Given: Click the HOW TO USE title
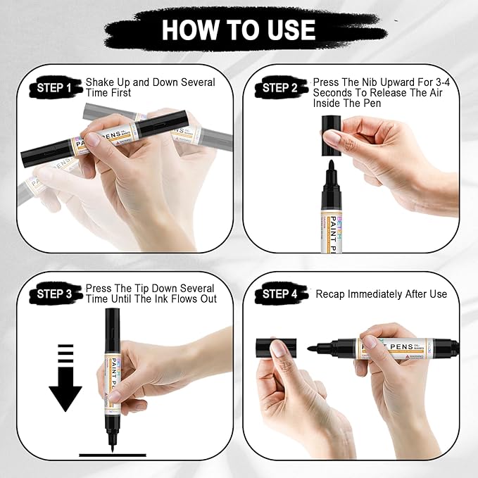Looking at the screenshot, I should (x=238, y=29).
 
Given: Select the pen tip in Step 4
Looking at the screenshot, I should (x=314, y=346).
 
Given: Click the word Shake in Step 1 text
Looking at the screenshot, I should (x=100, y=82).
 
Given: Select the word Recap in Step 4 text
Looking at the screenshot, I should (x=331, y=294).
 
